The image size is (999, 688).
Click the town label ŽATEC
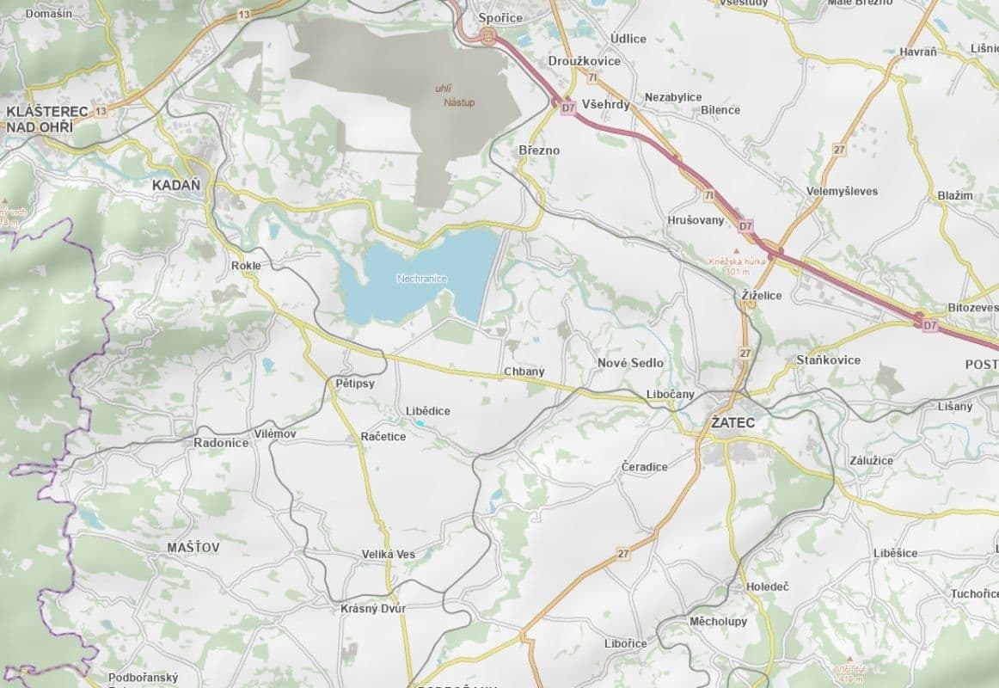(732, 423)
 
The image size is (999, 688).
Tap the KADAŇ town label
(175, 185)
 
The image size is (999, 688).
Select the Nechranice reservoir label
(423, 279)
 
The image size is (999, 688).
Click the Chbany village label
(524, 372)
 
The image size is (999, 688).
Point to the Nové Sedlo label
(630, 363)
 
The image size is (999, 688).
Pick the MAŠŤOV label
(193, 547)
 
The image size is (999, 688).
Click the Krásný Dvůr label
(373, 608)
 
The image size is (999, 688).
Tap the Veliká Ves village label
(389, 555)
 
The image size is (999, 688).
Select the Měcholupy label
(719, 621)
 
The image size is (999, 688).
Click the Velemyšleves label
(842, 191)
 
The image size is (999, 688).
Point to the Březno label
(539, 150)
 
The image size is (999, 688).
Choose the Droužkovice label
(584, 61)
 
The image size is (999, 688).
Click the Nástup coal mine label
(459, 102)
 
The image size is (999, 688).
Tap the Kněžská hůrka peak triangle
(735, 251)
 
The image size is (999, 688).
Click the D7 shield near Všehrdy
(567, 108)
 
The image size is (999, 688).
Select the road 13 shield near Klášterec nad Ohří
(101, 112)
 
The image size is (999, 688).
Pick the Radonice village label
(221, 443)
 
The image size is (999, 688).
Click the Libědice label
(427, 411)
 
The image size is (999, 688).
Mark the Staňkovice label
(828, 359)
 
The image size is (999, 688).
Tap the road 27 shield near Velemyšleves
(839, 150)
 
